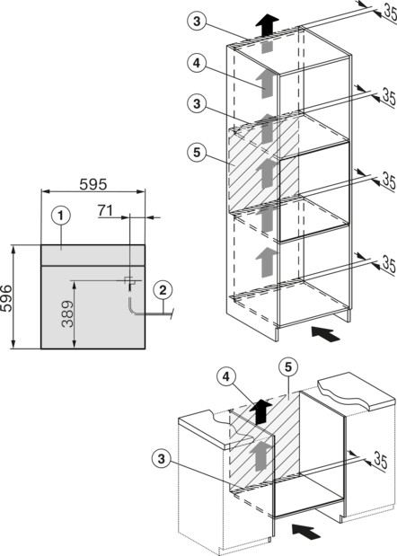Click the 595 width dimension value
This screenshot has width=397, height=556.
[x=93, y=184]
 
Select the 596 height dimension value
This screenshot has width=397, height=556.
[x=6, y=298]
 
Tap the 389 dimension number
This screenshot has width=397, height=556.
[x=67, y=313]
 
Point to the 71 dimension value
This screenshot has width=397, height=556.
[x=105, y=210]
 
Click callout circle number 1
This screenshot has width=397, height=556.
[x=60, y=216]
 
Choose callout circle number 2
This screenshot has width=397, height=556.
[x=163, y=290]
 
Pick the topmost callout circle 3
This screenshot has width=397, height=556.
[x=197, y=22]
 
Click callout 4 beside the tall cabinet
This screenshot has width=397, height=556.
[x=197, y=63]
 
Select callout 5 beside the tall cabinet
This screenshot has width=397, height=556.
[x=197, y=153]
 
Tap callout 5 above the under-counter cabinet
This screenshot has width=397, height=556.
[x=288, y=367]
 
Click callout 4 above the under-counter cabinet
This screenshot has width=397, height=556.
[x=226, y=377]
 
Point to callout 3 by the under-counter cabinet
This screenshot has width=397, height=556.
[x=162, y=459]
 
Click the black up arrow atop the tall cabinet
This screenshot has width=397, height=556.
[x=268, y=25]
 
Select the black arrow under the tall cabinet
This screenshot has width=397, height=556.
[x=325, y=334]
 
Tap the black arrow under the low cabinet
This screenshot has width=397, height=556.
[x=306, y=531]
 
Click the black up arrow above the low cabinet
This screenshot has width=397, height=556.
[x=261, y=411]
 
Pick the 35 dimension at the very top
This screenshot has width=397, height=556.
[x=390, y=12]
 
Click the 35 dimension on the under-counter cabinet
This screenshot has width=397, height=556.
[x=380, y=461]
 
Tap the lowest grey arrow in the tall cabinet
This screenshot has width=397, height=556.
[x=267, y=262]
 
